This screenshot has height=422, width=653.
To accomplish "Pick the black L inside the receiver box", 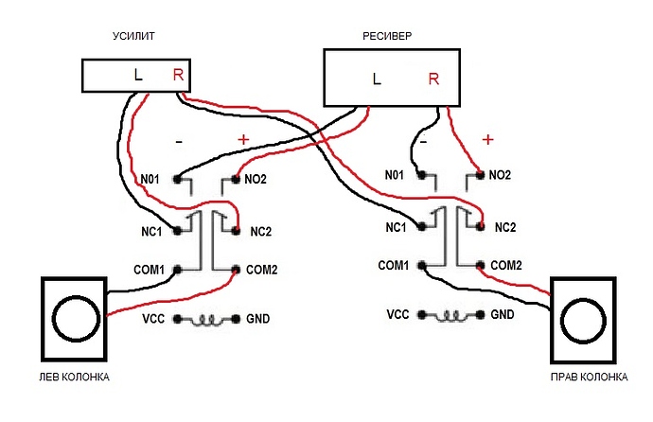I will [x=377, y=79].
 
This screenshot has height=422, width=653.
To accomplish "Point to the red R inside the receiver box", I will [x=433, y=79].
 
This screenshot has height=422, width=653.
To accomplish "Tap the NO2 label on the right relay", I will [x=499, y=176].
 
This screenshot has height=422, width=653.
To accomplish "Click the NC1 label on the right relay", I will [x=397, y=227].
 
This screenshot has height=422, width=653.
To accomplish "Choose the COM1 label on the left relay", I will [x=150, y=271].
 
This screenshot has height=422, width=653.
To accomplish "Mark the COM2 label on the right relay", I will [x=505, y=265].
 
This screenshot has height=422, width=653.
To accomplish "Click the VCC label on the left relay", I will [x=152, y=319].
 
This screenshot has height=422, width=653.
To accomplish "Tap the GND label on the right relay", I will [x=503, y=313].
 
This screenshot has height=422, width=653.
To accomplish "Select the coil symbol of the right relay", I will [x=450, y=314].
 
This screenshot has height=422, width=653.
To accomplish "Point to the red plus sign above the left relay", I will [x=243, y=140].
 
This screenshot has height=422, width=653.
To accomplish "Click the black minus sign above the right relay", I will [x=423, y=139].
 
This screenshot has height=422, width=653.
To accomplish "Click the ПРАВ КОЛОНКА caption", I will [x=590, y=377].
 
